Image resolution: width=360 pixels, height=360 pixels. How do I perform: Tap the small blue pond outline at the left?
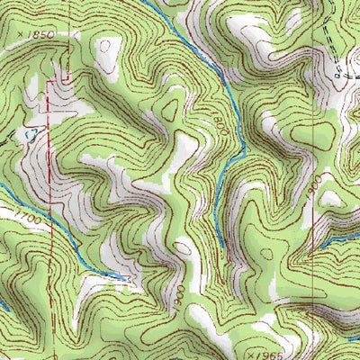click(x=31, y=134)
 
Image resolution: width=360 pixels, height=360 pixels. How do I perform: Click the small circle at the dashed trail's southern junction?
click(x=341, y=77)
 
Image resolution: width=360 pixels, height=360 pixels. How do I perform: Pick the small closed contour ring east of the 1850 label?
click(x=107, y=45)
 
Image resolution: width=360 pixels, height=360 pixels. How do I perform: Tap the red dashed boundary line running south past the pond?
click(x=49, y=225)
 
